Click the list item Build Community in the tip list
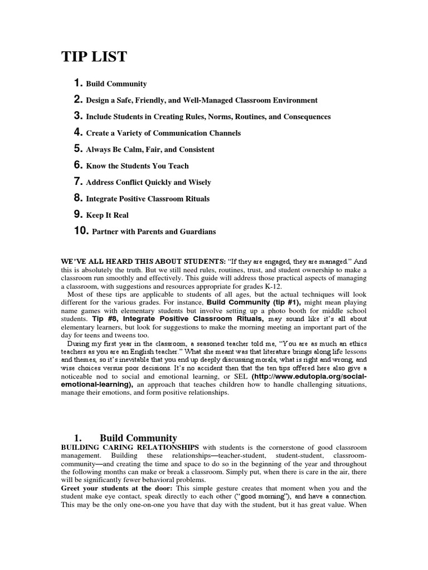coord(116,84)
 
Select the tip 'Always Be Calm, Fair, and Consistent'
coord(150,150)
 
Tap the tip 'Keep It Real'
coord(108,215)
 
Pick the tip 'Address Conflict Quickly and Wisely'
coord(148,182)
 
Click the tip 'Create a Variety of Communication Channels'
coord(163,133)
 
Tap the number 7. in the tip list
coord(78,182)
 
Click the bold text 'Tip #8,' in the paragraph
coord(106,320)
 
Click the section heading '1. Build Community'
coord(125,438)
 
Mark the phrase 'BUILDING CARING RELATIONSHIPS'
coord(129,447)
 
